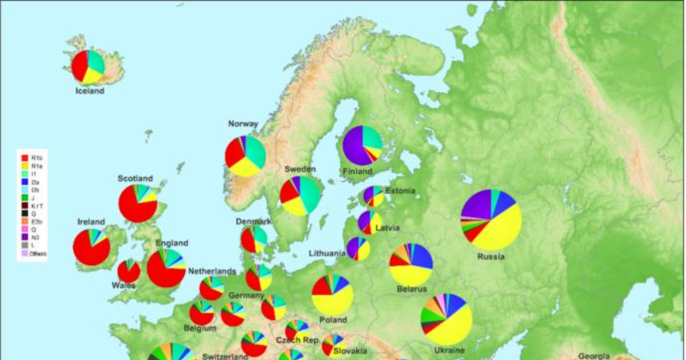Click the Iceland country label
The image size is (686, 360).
tap(90, 91)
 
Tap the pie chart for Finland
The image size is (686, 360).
tap(362, 145)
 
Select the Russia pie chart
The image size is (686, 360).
tap(491, 219)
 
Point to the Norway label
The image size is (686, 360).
tap(243, 124)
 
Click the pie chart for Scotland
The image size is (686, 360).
tap(138, 203)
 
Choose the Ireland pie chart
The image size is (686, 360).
tap(91, 247)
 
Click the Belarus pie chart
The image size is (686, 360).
tap(411, 263)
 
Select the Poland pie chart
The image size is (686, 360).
tap(332, 294)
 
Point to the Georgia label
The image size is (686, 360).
tap(593, 355)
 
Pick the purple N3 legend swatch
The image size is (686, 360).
tap(25, 237)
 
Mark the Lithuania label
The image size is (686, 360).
tap(327, 253)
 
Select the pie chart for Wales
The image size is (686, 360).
tap(129, 271)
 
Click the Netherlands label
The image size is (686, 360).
tap(212, 271)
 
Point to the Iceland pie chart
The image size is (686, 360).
tap(88, 67)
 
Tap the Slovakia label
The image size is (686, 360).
tap(349, 351)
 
